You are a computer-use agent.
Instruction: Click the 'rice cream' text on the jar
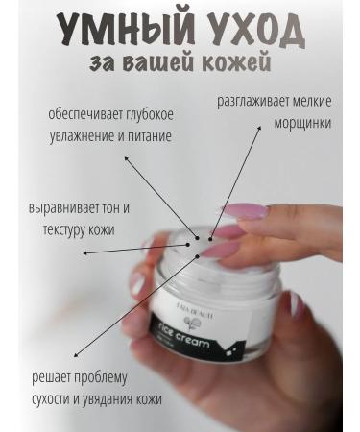[204, 342]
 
